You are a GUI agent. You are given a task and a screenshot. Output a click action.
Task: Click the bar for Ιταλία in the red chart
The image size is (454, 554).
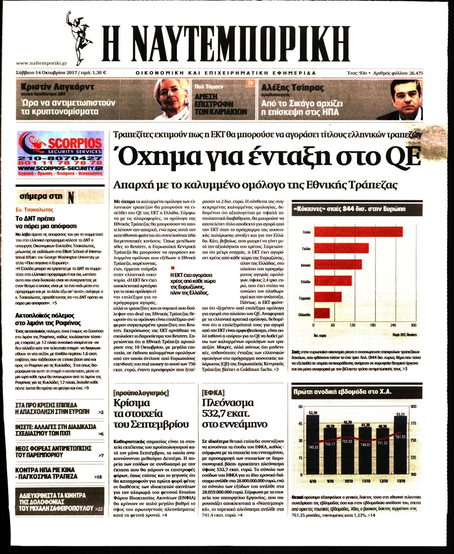(x=358, y=232)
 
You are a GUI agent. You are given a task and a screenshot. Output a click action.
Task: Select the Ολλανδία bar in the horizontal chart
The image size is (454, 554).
(x=322, y=313)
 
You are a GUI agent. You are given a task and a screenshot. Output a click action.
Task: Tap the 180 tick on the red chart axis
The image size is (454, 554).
(x=373, y=325)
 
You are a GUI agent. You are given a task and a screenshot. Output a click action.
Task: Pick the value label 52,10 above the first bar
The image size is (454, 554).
(x=313, y=413)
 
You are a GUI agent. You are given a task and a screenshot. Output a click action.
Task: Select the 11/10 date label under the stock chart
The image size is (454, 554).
(x=366, y=481)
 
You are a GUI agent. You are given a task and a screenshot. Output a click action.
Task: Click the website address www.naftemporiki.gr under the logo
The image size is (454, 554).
(x=42, y=63)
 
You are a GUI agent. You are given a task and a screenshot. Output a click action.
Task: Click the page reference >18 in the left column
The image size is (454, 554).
(x=99, y=477)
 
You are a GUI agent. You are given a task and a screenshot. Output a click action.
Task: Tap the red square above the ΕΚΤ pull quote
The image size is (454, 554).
(x=173, y=268)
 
